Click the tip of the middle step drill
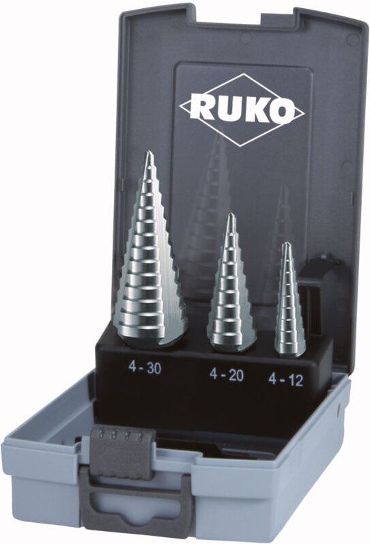pyautogui.click(x=231, y=216)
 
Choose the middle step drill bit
pyautogui.click(x=233, y=287)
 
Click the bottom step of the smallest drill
pyautogui.click(x=290, y=345)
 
